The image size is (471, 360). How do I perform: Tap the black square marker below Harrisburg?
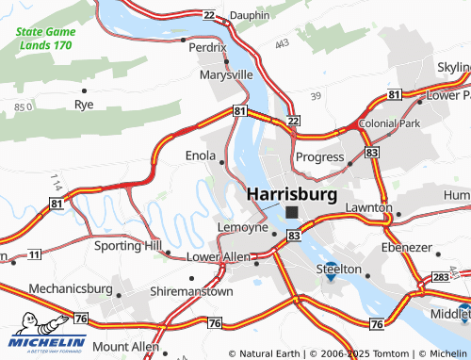(x=292, y=213)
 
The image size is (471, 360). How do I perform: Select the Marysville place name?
(x=226, y=74)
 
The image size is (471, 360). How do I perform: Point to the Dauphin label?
(x=249, y=16)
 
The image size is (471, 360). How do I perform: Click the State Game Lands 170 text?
(x=43, y=38)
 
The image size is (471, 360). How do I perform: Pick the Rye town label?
(x=84, y=104)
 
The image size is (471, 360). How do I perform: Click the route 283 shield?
(x=442, y=276)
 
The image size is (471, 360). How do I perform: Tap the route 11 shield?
(x=34, y=254)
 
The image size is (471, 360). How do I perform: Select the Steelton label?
(x=338, y=269)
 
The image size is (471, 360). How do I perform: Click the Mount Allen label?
(x=126, y=347)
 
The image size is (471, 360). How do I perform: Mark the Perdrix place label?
(x=207, y=46)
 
